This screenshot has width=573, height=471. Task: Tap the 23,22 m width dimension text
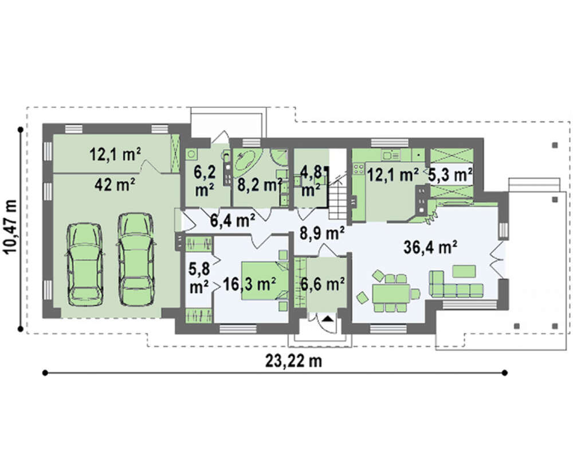[x=293, y=361]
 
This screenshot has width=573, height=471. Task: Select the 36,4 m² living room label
[x=430, y=248]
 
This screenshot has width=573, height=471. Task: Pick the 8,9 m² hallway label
[x=322, y=233]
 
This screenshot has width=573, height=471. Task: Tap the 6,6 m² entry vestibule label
[x=322, y=283]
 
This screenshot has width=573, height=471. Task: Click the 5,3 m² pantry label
[x=450, y=176]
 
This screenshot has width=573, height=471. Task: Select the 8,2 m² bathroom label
[x=260, y=185]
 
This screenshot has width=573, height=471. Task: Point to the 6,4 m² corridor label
[x=233, y=220]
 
